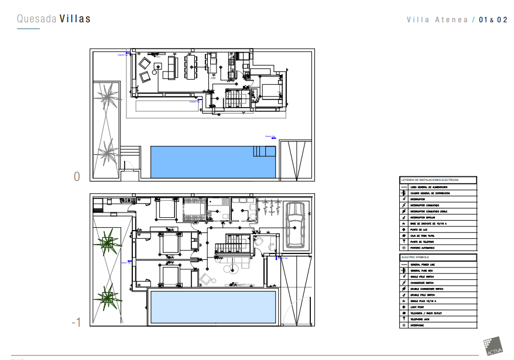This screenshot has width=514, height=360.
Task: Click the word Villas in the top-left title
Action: [75, 19]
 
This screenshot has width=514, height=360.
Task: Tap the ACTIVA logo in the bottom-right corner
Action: [494, 346]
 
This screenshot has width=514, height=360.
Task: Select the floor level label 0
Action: [76, 176]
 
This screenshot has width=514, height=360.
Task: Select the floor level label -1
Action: [76, 322]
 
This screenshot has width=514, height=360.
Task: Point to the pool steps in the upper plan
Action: [264, 151]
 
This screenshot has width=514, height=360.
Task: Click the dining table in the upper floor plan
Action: [191, 65]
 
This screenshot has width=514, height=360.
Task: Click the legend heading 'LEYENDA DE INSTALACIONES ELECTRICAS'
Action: [430, 180]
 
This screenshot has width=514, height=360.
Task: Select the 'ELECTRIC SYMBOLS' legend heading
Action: [415, 257]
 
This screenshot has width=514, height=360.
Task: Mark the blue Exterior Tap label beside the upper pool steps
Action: [270, 136]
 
